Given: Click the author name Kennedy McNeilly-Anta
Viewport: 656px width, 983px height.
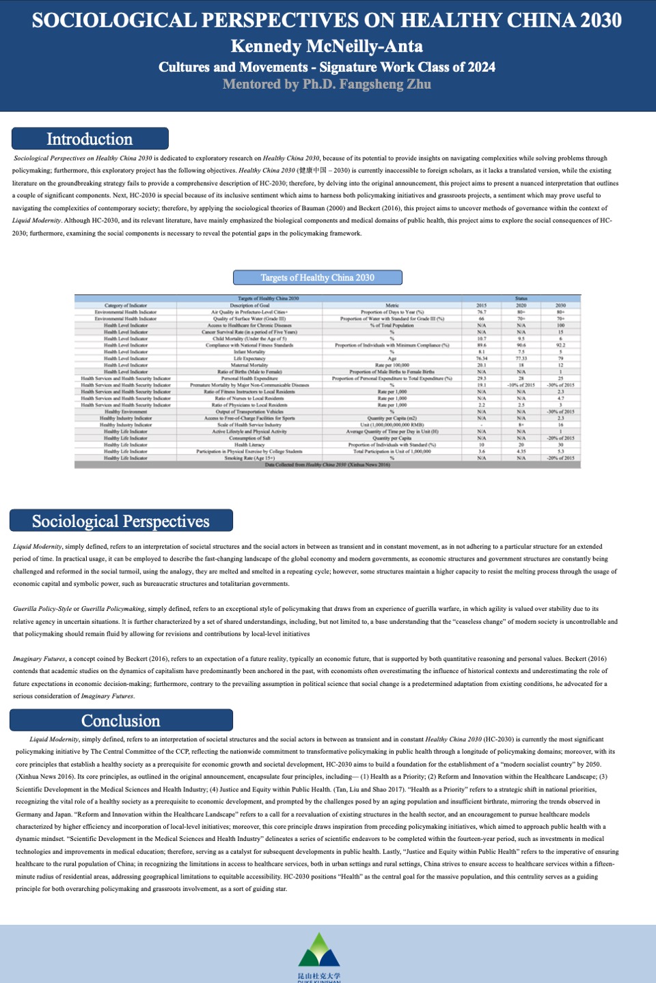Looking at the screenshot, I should click(327, 46).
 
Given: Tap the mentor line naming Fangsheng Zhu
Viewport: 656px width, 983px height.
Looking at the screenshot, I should click(327, 85).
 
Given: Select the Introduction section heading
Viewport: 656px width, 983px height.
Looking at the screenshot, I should click(90, 139).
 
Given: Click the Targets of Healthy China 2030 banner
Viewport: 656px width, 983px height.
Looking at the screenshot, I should click(317, 278).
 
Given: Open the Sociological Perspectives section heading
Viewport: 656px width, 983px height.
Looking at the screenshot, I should click(121, 521).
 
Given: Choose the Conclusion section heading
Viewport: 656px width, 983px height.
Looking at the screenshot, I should click(121, 721).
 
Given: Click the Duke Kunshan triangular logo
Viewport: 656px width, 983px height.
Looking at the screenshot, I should click(319, 950).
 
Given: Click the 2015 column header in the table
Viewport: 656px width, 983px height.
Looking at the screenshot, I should click(481, 305).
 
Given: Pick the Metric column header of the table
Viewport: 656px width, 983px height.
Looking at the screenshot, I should click(392, 305).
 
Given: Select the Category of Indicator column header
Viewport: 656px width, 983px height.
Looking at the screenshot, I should click(126, 305).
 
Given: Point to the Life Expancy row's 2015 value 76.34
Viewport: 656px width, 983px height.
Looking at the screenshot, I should click(481, 358).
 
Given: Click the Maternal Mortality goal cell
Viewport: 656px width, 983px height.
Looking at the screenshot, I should click(249, 365).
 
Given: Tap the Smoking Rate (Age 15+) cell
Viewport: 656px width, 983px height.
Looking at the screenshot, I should click(249, 458).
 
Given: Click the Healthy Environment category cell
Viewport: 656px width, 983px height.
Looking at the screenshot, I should click(126, 412).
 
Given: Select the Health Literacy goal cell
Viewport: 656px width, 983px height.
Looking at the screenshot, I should click(249, 445).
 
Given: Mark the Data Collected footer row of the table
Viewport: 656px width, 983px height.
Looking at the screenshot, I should click(327, 465).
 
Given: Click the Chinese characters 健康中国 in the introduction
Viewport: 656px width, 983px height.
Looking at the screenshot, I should click(314, 171).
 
